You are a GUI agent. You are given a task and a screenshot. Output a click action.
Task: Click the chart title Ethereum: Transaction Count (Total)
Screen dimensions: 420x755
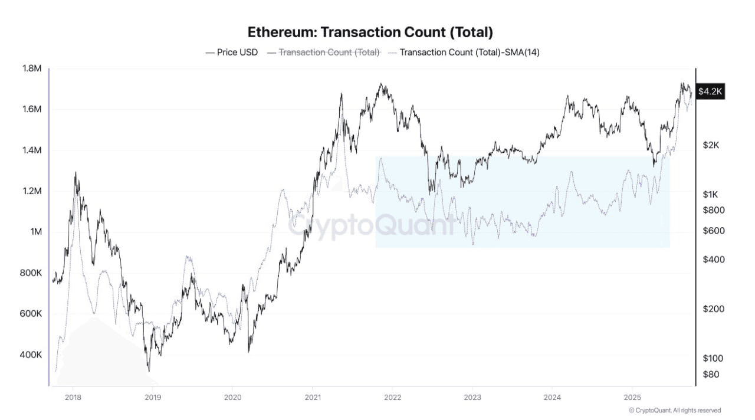coord(370,32)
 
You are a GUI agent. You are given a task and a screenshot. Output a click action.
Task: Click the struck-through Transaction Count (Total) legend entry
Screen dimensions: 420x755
coord(329,52)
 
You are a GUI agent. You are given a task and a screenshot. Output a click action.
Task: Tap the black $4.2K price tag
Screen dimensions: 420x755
coord(710,91)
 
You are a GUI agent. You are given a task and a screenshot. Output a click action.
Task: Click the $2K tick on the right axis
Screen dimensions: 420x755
coord(713,145)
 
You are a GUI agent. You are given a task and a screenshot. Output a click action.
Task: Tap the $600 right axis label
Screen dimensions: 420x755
coord(714,231)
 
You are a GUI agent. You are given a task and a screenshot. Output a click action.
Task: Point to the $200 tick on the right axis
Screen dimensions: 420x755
coord(714,309)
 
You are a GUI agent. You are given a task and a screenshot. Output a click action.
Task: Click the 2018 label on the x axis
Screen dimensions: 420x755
coord(73,396)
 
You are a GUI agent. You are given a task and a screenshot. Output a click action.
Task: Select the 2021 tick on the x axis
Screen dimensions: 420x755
coord(313,396)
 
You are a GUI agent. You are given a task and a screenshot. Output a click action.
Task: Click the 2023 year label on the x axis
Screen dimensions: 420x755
coord(472,396)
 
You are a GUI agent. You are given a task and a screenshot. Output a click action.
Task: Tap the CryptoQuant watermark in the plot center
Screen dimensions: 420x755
coord(372,225)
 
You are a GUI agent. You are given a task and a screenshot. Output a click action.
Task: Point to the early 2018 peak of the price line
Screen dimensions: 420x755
coord(75,172)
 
